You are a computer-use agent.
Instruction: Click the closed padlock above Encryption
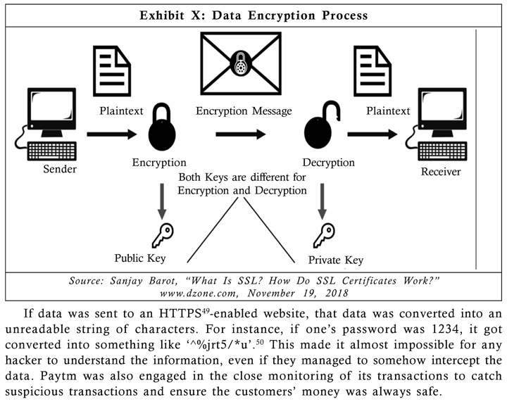tap(162, 127)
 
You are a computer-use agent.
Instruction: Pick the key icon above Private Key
tap(324, 236)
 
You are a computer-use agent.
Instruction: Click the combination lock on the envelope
tap(240, 63)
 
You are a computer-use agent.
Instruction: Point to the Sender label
tap(60, 169)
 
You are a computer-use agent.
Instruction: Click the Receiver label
tap(440, 172)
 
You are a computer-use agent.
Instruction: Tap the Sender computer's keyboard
tap(52, 151)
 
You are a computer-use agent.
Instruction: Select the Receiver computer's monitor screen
tap(443, 107)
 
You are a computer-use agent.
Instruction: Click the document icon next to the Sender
tap(112, 71)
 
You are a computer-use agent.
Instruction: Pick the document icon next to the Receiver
tap(373, 71)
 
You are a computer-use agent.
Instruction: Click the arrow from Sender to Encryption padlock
tap(112, 134)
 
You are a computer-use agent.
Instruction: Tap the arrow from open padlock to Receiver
tap(373, 134)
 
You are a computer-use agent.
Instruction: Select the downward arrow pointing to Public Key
tap(162, 201)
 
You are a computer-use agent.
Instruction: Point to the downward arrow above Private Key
tap(322, 201)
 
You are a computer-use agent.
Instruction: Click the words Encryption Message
tap(244, 111)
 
